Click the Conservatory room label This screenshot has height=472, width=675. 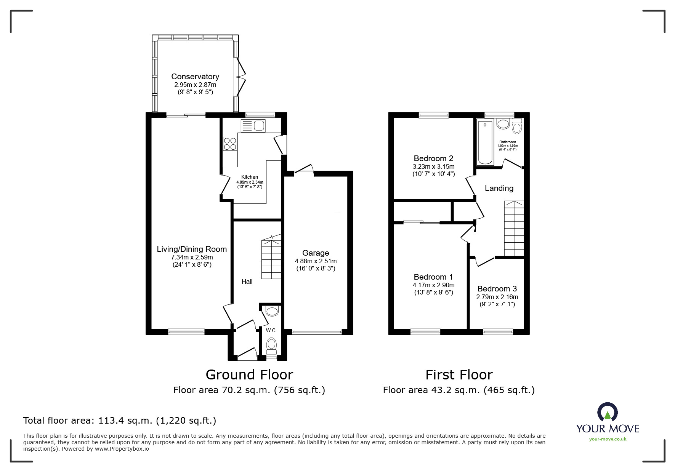195,77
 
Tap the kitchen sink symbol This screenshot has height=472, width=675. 253,125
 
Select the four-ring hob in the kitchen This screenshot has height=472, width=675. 230,144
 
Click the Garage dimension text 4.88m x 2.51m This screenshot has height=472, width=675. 316,261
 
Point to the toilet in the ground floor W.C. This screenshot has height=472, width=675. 272,345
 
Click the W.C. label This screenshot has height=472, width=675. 271,330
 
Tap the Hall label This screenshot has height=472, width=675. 247,282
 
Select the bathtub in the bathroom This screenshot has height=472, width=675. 485,142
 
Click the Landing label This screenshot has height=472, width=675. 499,188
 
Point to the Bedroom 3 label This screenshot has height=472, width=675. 497,289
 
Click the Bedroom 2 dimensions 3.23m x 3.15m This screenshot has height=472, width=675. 433,166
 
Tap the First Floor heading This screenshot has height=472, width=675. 459,375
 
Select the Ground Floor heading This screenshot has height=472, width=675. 249,375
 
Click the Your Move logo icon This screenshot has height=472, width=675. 607,413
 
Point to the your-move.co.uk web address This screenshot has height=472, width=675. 608,439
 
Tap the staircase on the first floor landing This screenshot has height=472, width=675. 514,229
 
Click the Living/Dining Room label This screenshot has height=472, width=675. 192,249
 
